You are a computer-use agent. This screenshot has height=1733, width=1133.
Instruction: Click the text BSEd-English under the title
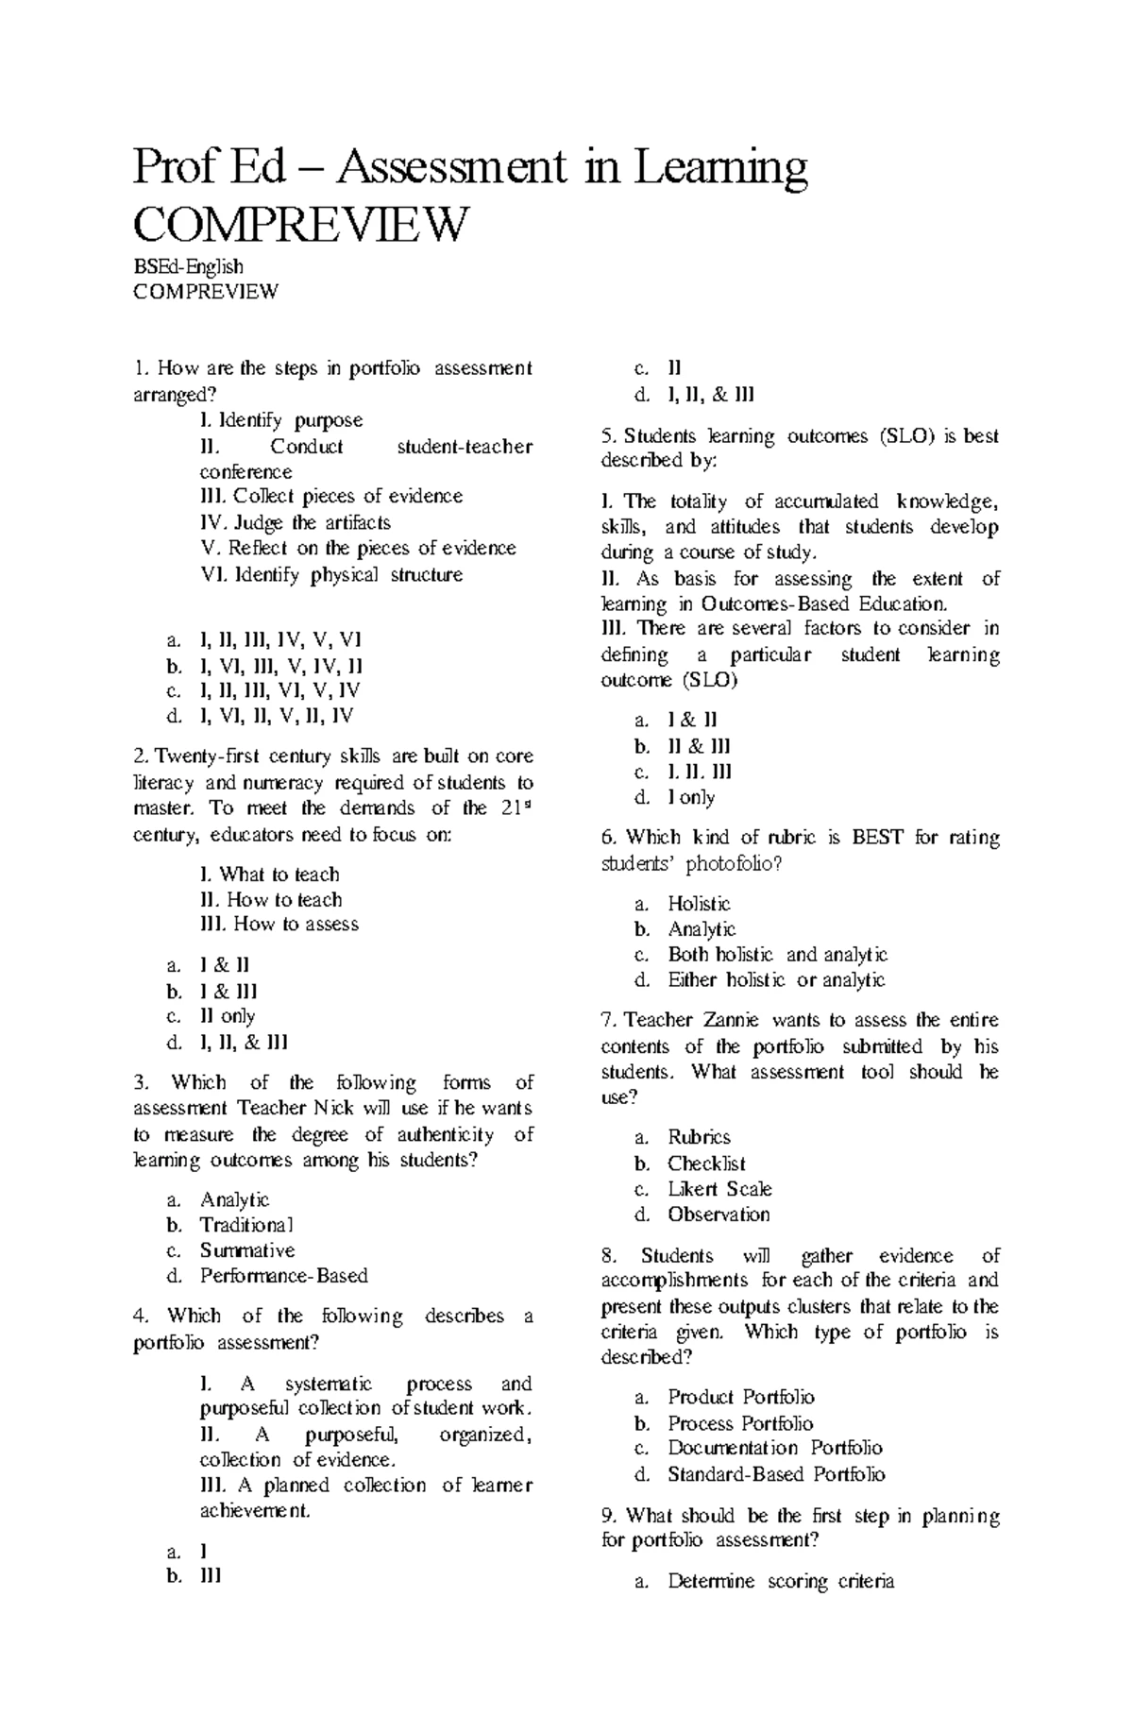tap(188, 267)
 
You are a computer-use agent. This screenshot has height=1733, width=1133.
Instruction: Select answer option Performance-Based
tap(283, 1276)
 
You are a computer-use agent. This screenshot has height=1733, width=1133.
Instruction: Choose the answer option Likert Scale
tap(719, 1189)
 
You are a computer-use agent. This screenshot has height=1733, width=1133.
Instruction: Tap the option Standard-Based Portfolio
tap(776, 1474)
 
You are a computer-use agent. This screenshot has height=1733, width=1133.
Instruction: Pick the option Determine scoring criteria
tap(780, 1581)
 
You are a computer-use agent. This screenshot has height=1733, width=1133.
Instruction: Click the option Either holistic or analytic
tap(776, 980)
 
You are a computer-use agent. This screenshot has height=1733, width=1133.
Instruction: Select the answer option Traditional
tap(246, 1225)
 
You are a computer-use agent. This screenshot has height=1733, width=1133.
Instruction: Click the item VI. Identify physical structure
tap(332, 574)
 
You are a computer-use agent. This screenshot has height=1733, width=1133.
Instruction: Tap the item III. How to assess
tap(280, 925)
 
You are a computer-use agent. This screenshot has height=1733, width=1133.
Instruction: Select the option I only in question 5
tap(691, 797)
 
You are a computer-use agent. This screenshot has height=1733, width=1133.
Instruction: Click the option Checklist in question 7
tap(706, 1164)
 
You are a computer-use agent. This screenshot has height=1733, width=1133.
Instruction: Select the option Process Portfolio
tap(740, 1423)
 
